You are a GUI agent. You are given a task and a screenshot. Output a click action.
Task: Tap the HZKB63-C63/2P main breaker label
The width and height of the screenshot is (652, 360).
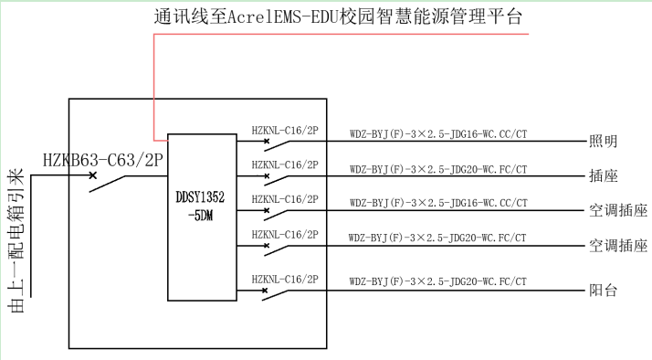point(101,161)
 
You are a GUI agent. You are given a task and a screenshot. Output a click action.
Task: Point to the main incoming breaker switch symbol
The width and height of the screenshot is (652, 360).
point(105,181)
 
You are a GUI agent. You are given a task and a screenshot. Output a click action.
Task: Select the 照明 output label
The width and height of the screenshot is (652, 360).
point(603,141)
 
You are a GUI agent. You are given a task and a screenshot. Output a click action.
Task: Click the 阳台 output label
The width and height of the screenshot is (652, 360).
point(603,291)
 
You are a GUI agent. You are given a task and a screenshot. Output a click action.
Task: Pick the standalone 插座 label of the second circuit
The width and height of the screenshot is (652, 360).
point(603,175)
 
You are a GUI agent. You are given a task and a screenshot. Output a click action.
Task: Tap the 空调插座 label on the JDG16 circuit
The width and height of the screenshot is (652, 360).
point(617,211)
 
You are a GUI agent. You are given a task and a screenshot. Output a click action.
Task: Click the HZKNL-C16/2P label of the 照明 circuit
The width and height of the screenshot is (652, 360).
point(284,132)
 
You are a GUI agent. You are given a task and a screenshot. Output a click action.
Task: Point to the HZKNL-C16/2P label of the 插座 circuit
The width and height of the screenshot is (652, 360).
point(284,164)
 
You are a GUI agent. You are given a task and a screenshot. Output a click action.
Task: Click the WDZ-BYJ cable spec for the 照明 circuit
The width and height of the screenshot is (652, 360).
point(437,134)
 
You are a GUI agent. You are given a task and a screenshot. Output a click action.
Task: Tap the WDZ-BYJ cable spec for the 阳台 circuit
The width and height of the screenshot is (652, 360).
point(437,283)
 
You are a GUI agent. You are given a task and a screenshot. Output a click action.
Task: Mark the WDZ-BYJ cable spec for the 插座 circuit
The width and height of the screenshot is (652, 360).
point(437,170)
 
